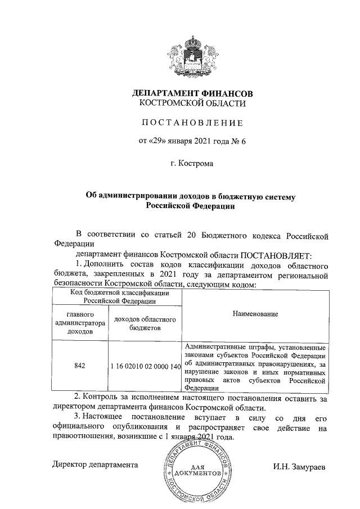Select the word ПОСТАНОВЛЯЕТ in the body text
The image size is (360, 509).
point(280,254)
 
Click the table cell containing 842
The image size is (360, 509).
point(79,366)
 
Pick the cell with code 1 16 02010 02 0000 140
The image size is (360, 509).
point(145,366)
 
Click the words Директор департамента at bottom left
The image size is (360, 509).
point(95,465)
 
